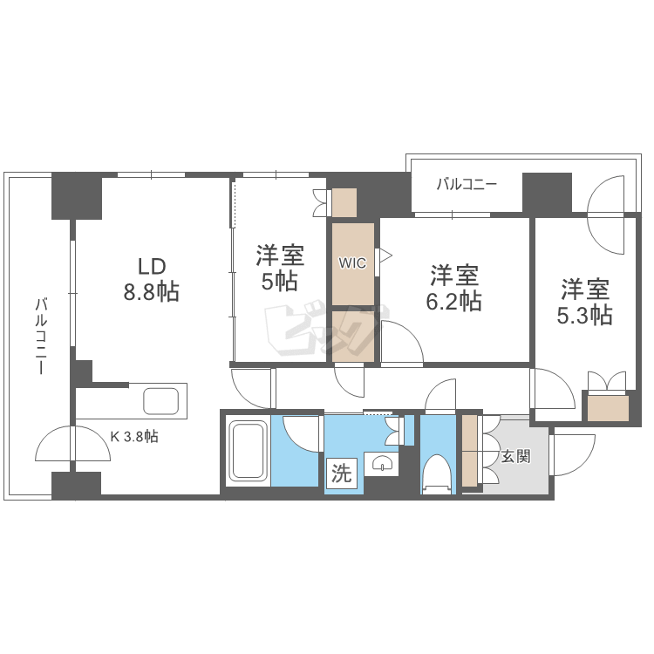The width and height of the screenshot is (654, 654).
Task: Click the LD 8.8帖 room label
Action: coord(150,279)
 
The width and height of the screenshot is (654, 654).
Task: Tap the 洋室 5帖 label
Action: coord(279,269)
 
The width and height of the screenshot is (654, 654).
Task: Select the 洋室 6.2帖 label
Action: coord(454,289)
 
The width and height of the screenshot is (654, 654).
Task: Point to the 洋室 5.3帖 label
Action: coord(584,302)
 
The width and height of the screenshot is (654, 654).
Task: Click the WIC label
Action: coord(352,262)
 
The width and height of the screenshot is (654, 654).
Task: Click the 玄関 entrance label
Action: coord(515,455)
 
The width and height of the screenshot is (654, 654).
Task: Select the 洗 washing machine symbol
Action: coord(342,475)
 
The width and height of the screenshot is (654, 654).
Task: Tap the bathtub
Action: coord(248,452)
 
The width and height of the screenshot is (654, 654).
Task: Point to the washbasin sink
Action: coord(381,464)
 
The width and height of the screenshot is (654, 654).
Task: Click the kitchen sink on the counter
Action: coord(160,402)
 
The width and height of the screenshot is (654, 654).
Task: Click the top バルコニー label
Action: coord(466,185)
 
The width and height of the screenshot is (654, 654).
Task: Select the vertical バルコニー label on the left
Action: coord(40,336)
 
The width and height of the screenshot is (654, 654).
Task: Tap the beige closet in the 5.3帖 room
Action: coord(607,408)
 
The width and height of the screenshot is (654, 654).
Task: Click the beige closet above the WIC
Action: coord(344,202)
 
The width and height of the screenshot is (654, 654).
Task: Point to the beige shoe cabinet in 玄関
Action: coord(470,452)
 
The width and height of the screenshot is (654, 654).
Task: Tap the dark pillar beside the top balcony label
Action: coord(547,192)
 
